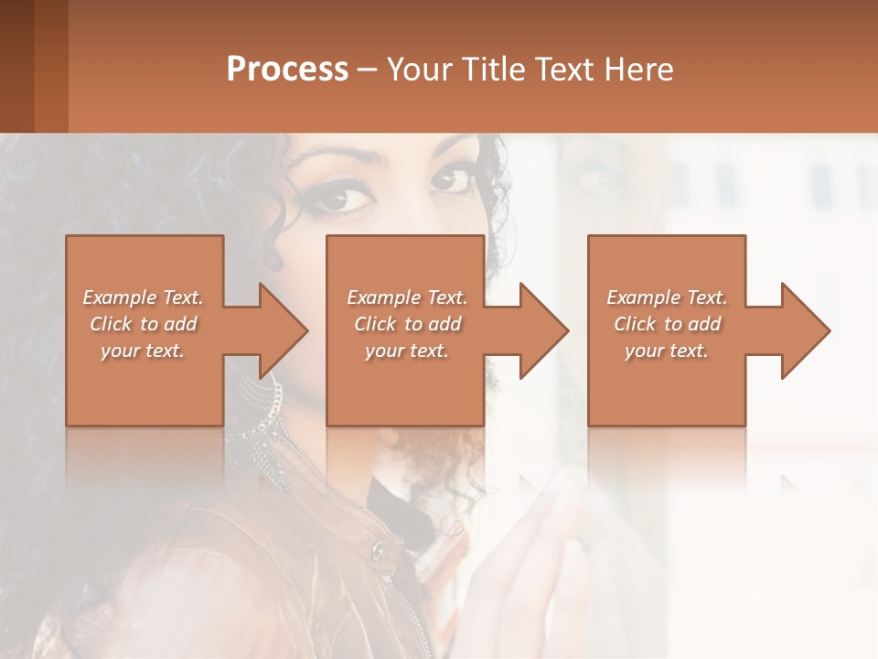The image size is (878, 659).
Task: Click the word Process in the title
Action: (x=287, y=69)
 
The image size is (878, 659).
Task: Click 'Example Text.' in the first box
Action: (x=143, y=297)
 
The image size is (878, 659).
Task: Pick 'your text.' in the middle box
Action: (x=406, y=351)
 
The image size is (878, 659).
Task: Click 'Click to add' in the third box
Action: (x=667, y=324)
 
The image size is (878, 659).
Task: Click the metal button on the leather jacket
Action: (x=377, y=549)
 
